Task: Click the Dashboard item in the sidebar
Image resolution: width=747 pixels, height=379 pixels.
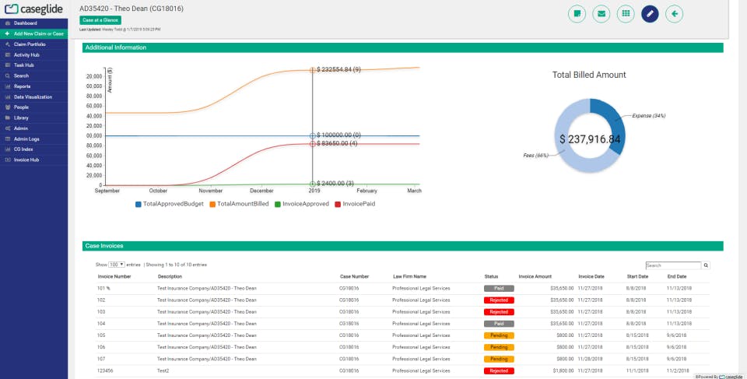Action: point(25,23)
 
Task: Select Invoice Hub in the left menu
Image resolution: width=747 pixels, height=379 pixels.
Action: point(26,160)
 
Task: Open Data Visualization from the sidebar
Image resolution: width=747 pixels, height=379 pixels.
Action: point(33,97)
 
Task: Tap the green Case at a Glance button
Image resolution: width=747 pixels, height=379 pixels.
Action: point(100,20)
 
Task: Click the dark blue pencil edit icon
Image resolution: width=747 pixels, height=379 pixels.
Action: point(650,13)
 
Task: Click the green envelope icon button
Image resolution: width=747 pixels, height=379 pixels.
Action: point(601,13)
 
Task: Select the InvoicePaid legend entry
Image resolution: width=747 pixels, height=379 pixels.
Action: point(358,204)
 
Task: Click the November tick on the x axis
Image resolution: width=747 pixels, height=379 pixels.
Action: point(210,191)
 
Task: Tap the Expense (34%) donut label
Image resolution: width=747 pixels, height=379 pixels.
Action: point(648,115)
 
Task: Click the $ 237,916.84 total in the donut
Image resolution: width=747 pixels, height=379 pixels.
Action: point(590,139)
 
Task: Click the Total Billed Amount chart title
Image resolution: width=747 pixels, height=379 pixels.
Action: point(589,75)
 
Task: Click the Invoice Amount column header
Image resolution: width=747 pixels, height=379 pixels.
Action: point(535,276)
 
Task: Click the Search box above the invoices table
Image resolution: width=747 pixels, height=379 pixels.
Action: point(673,265)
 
